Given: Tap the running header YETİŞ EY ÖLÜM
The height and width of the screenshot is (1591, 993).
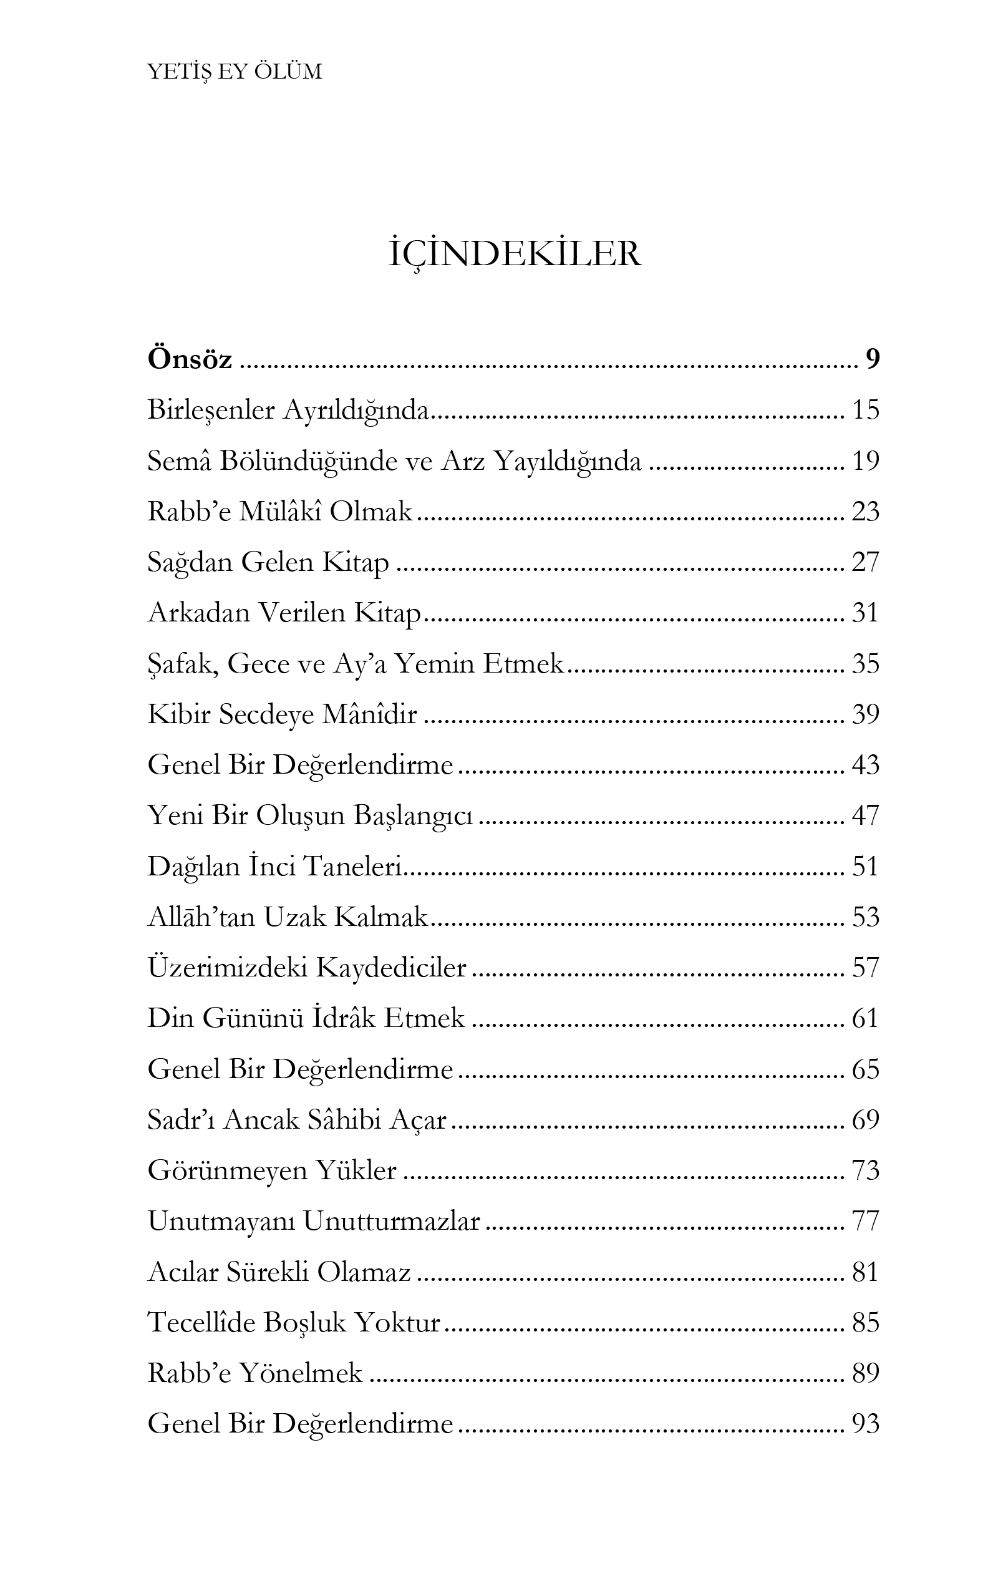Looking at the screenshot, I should pos(235,72).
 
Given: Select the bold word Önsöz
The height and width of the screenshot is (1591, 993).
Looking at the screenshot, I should pos(190,359).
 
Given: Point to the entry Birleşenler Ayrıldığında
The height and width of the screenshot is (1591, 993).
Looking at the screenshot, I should pos(288,411).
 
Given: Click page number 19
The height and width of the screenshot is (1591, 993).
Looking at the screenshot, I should pos(865,461).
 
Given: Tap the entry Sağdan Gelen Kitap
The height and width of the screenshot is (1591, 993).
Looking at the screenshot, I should pos(268,562).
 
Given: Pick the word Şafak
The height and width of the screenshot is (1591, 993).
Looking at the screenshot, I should pos(183,664).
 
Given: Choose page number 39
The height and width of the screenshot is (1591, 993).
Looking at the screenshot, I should pos(865,714).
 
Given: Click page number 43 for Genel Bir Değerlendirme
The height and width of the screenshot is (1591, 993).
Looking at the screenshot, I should pos(865,766).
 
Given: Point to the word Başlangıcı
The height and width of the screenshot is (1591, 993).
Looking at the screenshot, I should pos(413,816).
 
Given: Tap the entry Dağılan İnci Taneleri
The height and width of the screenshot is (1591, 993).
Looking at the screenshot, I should pos(274,867).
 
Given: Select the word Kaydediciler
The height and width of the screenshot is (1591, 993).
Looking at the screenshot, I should pos(392,968).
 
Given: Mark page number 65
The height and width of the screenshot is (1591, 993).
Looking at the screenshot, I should pos(865,1069).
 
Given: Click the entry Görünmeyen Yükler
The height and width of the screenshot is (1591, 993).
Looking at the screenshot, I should pos(272,1170).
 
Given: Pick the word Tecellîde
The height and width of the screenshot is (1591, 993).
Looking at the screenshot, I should pos(201,1322).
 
